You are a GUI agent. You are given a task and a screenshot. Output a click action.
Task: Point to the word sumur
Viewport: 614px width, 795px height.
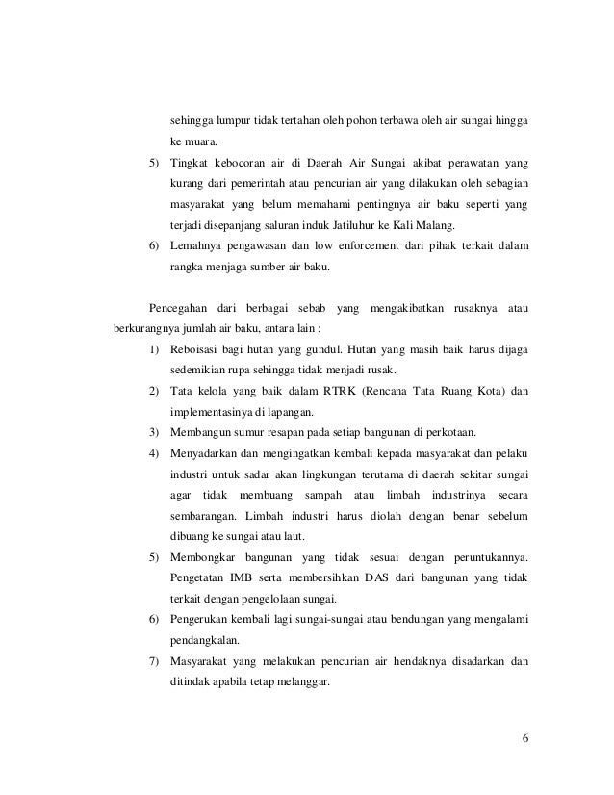(x=245, y=429)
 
